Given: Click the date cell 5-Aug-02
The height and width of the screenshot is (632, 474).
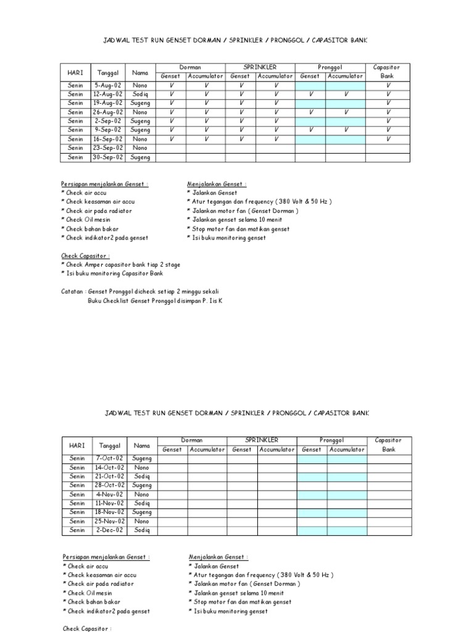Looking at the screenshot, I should click(108, 85).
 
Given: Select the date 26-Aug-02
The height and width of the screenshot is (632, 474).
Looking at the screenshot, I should click(108, 112).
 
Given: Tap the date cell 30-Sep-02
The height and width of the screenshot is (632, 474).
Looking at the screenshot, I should click(108, 157).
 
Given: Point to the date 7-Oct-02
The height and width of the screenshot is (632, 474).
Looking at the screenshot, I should click(109, 459).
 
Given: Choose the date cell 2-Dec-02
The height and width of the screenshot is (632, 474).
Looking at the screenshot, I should click(109, 530).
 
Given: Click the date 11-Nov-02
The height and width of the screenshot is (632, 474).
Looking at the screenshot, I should click(109, 503).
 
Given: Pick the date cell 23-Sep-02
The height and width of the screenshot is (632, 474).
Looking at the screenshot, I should click(108, 148).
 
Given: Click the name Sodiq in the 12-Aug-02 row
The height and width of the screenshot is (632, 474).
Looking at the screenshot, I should click(140, 94).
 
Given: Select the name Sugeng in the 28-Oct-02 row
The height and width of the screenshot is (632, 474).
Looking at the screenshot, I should click(141, 486).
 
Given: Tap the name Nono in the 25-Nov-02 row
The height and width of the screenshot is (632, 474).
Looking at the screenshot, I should click(141, 521).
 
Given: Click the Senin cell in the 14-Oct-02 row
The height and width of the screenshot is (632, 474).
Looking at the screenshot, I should click(77, 468).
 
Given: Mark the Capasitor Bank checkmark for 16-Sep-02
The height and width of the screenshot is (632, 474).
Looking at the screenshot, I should click(388, 139).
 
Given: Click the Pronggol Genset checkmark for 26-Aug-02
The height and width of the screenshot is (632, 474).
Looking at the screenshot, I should click(310, 112).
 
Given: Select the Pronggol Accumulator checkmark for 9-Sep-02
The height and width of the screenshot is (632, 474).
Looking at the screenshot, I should click(346, 130).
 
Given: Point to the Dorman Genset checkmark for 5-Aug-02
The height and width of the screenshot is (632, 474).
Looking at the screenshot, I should click(171, 85).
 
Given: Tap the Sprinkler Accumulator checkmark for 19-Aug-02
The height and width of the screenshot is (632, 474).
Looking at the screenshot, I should click(275, 103).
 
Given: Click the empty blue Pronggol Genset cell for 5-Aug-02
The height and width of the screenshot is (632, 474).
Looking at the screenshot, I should click(310, 85).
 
